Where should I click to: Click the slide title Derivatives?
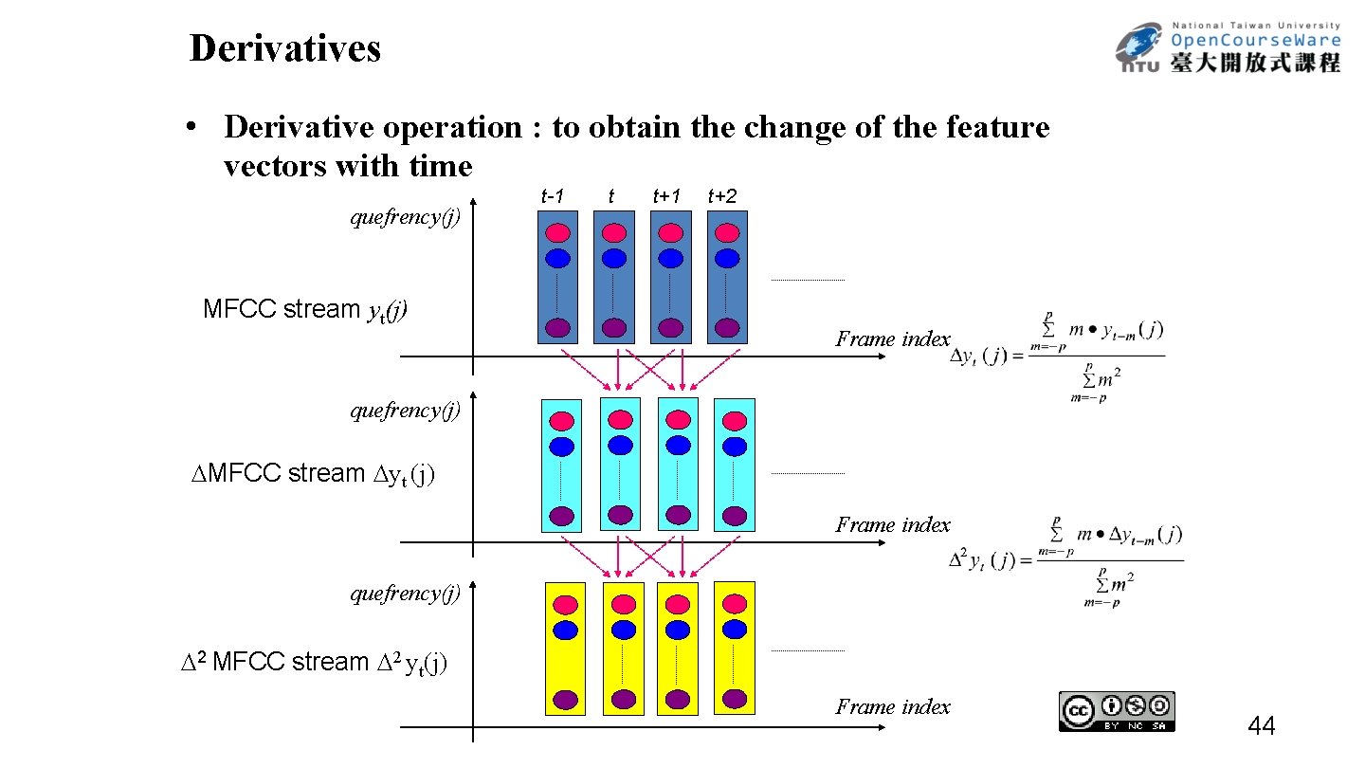[x=284, y=48]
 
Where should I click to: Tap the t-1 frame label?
[x=553, y=196]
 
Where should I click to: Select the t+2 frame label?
[x=721, y=196]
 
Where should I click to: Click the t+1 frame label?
[x=666, y=196]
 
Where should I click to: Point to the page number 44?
[x=1262, y=727]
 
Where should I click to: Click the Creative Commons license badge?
[x=1117, y=711]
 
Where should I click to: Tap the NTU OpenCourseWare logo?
[x=1228, y=48]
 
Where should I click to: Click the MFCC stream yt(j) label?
[x=305, y=310]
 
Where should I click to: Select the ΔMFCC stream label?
[x=313, y=473]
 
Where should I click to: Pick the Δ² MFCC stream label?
[x=314, y=662]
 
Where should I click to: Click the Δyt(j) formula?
[x=1057, y=357]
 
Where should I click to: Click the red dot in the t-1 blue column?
[x=557, y=233]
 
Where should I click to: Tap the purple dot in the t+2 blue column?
[x=727, y=328]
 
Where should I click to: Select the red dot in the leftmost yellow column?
[x=566, y=605]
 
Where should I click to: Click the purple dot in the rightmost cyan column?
[x=735, y=516]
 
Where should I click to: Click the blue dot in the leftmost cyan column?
[x=562, y=447]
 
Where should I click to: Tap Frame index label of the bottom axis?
[x=892, y=706]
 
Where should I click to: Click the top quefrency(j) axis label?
[x=406, y=218]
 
